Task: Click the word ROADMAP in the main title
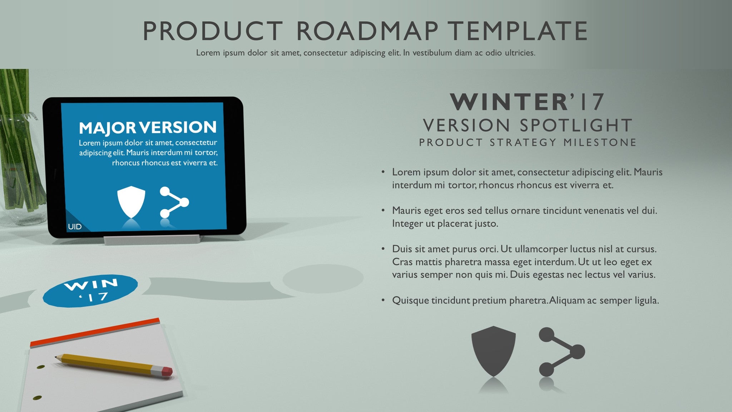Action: (367, 31)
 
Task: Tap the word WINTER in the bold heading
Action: (509, 102)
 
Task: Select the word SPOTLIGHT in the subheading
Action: (576, 126)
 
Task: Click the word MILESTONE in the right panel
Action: (600, 142)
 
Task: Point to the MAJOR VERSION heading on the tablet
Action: (148, 127)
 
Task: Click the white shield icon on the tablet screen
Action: (131, 202)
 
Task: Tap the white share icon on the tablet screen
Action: (174, 202)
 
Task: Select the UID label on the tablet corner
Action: (75, 227)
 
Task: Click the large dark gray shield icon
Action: (493, 351)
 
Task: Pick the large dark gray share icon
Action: (562, 352)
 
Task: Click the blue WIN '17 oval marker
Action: (90, 290)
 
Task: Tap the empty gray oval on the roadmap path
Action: (323, 279)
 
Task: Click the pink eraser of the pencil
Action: (167, 371)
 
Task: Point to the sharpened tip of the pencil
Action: (56, 357)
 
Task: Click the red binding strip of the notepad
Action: (95, 332)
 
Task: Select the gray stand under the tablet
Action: (152, 239)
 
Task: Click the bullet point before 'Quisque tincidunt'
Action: (383, 300)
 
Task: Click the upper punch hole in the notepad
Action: (41, 367)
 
